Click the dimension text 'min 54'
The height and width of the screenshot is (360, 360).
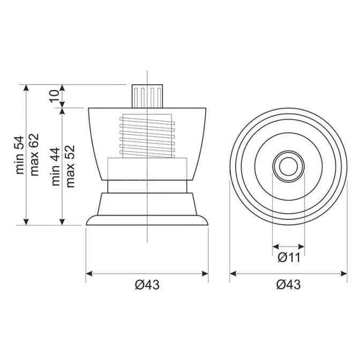(x=20, y=155)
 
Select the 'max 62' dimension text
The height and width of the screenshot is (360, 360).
(x=34, y=154)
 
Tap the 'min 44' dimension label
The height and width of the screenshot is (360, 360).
(x=56, y=167)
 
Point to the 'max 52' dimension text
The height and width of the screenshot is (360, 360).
(x=71, y=166)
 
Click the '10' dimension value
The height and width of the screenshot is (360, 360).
(x=55, y=96)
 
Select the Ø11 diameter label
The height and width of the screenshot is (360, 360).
(x=289, y=258)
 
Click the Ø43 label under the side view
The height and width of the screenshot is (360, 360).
(x=147, y=285)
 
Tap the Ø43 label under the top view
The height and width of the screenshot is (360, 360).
(x=288, y=285)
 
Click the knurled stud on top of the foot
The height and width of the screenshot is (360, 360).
(x=147, y=96)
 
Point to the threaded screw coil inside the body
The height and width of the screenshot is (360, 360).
(x=147, y=137)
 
